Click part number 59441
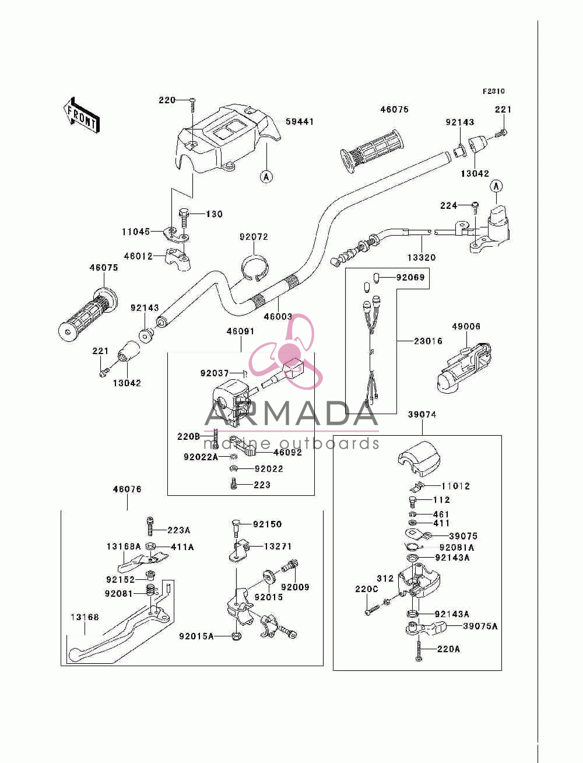tap(300, 122)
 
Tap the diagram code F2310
tap(493, 91)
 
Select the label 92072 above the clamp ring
tap(254, 237)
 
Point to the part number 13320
tap(422, 258)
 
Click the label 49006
tap(466, 327)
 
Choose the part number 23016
tap(429, 341)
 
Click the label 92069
tap(410, 278)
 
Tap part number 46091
tap(240, 331)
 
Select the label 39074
tap(422, 414)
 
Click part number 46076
tap(127, 489)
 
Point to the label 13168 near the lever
tap(85, 617)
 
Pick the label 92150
tap(267, 524)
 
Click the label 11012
tap(455, 486)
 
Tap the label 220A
tap(448, 649)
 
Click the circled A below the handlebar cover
tap(266, 177)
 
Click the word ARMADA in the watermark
tap(291, 414)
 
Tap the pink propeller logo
tap(287, 351)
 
